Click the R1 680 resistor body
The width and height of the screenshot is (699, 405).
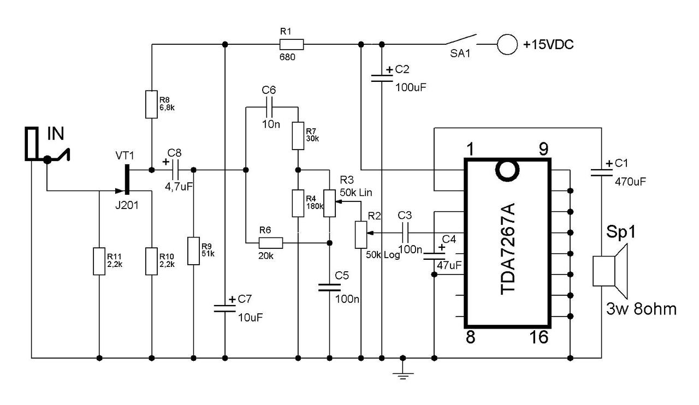(292, 44)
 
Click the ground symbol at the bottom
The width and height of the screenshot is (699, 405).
(402, 373)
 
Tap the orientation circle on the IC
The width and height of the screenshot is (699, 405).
(507, 171)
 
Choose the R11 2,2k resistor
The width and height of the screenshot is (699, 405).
(99, 261)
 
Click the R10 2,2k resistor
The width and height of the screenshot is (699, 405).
(151, 261)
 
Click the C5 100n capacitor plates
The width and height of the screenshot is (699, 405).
(329, 288)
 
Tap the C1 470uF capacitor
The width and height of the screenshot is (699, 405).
(601, 172)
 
